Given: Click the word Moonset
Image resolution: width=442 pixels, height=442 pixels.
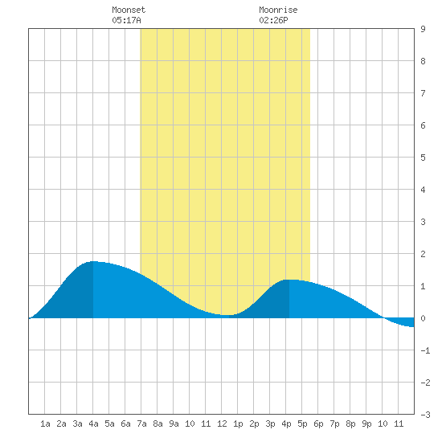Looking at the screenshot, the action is tap(129, 10).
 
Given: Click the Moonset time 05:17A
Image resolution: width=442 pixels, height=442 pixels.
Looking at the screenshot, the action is tap(126, 20).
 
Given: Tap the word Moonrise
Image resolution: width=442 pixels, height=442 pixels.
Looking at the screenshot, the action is tap(278, 10).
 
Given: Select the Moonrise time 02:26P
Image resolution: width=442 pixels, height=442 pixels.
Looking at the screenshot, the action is tap(273, 20).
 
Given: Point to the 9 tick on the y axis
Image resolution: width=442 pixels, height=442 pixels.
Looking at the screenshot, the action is tap(423, 29).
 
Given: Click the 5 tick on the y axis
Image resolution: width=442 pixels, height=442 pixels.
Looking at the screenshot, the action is tap(423, 158).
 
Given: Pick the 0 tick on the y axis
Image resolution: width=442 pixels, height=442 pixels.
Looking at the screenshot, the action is tap(423, 318).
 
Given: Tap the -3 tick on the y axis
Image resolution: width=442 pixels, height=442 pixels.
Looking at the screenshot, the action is tap(425, 415).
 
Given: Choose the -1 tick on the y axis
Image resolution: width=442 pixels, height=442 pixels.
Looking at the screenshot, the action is tap(425, 350).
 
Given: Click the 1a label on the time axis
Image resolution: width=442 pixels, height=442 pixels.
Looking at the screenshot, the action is tap(45, 424).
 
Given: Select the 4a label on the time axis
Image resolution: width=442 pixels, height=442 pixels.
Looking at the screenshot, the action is tap(93, 424).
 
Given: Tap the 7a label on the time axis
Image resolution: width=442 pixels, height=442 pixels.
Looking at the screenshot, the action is tap(141, 424).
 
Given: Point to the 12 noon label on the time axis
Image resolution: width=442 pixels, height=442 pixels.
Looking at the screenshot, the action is tap(222, 424).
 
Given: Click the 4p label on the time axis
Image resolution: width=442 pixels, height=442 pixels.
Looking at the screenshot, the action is tap(286, 424).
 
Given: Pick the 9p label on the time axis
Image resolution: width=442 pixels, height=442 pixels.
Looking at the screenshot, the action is tap(366, 424).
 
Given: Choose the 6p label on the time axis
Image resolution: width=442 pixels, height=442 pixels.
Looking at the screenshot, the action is tap(318, 424).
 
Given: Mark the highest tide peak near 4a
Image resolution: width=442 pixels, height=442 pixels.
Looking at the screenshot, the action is tap(93, 262).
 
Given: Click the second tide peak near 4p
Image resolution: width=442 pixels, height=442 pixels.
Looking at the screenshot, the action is tap(289, 280).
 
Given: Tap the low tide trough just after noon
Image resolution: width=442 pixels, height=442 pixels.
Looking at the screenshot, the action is tap(227, 315).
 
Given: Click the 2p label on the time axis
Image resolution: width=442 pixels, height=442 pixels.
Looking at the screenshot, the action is tap(254, 424).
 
